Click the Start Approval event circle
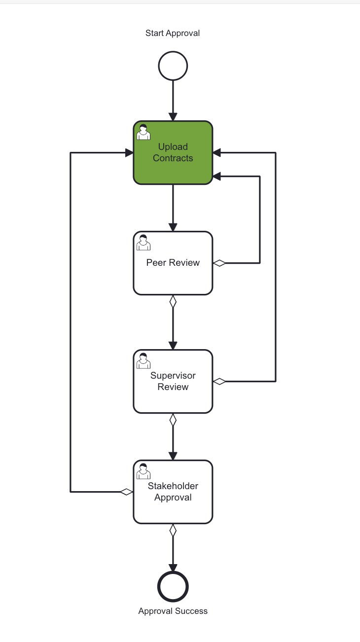click(x=173, y=66)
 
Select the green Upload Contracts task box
click(x=173, y=168)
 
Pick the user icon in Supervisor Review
click(x=144, y=361)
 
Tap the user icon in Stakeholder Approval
click(x=144, y=471)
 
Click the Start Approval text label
click(x=173, y=34)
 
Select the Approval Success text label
click(x=173, y=611)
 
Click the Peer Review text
click(x=173, y=263)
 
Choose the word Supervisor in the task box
click(x=173, y=376)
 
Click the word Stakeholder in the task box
click(x=173, y=486)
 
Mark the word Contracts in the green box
click(x=173, y=158)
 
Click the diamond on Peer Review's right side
click(x=219, y=263)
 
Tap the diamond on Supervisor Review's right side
click(x=219, y=381)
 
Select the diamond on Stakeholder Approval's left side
click(x=127, y=492)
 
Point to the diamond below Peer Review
click(x=173, y=302)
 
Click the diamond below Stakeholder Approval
click(x=173, y=531)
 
